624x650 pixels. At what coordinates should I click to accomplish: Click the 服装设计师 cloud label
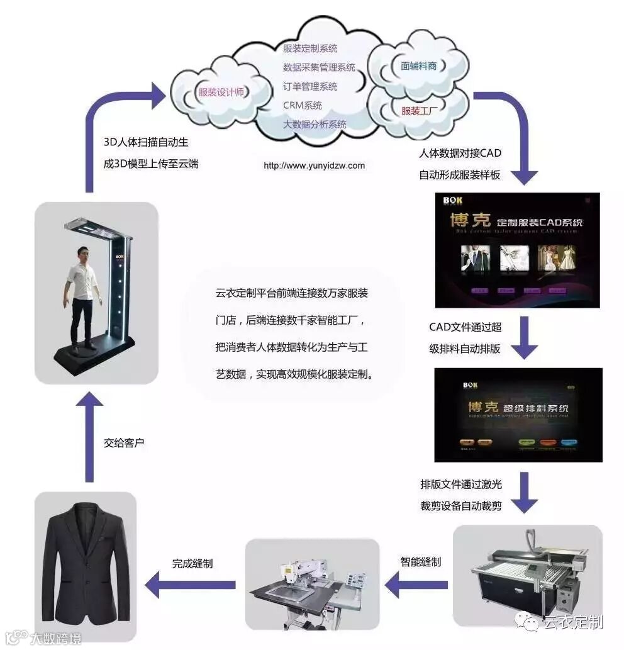221,92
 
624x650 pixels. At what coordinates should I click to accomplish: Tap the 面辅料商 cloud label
418,65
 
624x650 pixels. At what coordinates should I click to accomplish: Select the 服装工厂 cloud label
420,111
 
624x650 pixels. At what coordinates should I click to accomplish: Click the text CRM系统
303,105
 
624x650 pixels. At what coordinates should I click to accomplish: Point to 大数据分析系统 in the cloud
315,124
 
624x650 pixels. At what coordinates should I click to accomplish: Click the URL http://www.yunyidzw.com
314,165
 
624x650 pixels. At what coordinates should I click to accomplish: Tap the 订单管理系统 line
310,86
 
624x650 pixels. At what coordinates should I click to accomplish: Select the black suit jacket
85,560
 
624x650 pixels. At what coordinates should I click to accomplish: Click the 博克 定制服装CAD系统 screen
517,250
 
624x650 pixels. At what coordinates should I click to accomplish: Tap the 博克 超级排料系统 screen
518,415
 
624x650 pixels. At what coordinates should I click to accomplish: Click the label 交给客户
124,443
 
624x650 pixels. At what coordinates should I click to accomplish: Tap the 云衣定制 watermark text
573,622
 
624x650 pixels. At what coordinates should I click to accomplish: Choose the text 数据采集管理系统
319,67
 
